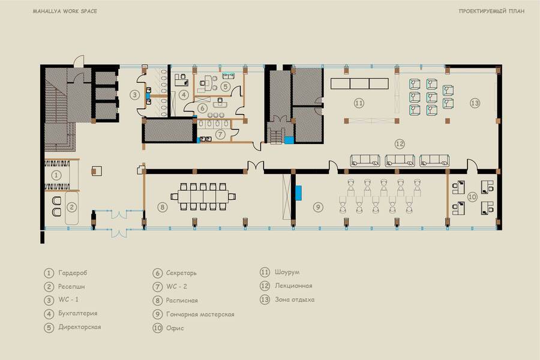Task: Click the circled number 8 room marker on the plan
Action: tap(162, 207)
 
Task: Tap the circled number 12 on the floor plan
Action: tap(400, 143)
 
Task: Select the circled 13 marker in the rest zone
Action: tap(475, 103)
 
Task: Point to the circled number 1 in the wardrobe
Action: tap(56, 175)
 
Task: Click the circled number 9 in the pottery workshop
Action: tap(318, 207)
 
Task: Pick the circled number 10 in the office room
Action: tap(472, 197)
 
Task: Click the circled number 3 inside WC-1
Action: tap(134, 95)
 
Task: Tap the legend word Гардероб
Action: tap(73, 273)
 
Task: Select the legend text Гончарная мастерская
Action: tap(200, 314)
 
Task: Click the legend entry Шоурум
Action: tap(287, 272)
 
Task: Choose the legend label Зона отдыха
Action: tap(295, 300)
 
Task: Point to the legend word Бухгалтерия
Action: tap(78, 313)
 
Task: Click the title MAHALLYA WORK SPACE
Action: tap(65, 11)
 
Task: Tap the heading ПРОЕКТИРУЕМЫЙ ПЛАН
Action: tap(491, 11)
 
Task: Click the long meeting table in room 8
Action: tap(203, 197)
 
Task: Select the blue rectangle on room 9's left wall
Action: tap(298, 193)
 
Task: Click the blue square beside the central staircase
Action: tap(289, 140)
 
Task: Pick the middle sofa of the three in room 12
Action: tap(400, 161)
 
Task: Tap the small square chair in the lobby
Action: tap(97, 171)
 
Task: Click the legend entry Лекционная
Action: tap(293, 286)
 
